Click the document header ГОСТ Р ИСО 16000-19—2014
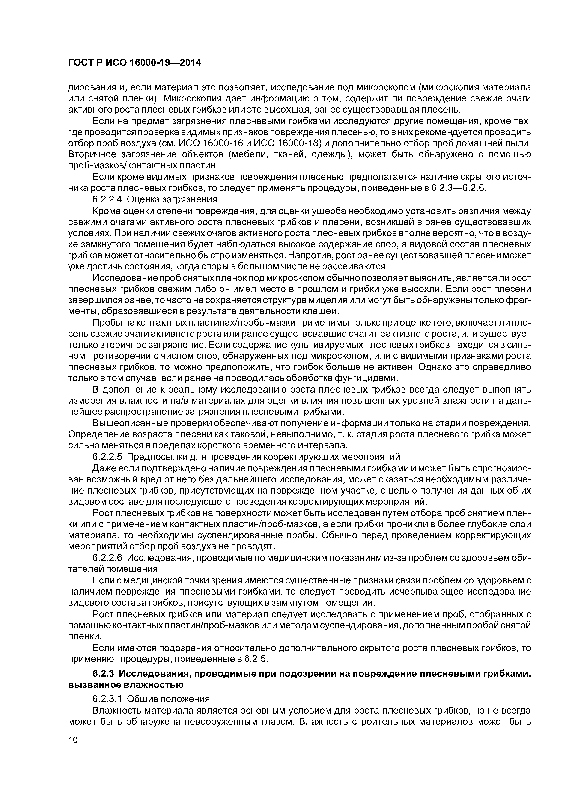click(x=134, y=63)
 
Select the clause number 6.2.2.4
click(x=107, y=199)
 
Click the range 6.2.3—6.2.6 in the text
click(x=458, y=188)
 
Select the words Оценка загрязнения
click(x=172, y=199)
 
